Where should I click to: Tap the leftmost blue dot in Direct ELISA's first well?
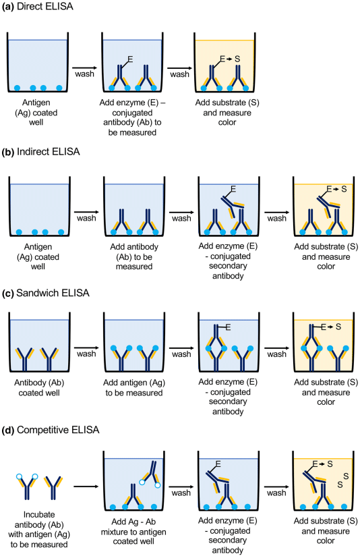coord(17,88)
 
